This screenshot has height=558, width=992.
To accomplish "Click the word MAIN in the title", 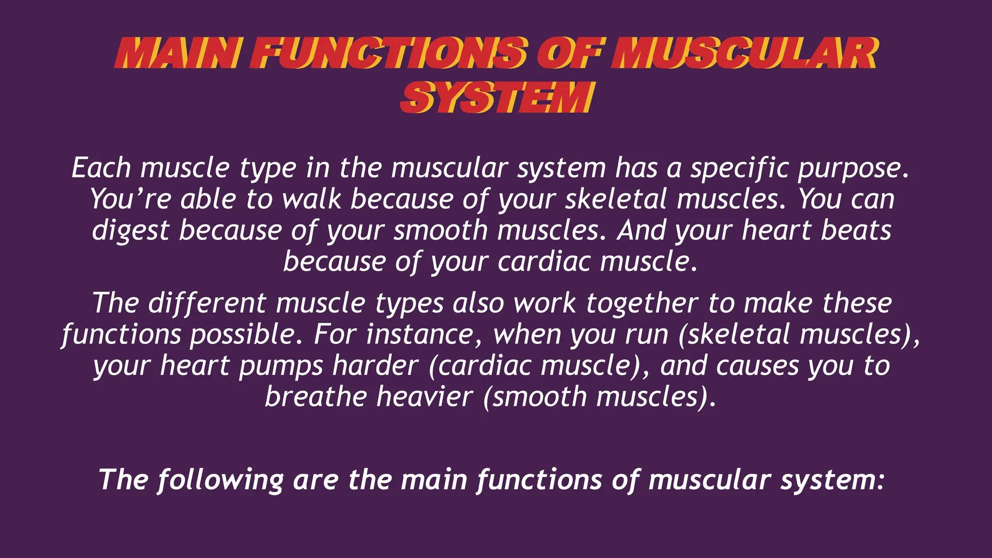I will pos(177,53).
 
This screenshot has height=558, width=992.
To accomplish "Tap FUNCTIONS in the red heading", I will pos(387,53).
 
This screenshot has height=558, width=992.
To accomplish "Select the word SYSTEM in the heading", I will pos(497,97).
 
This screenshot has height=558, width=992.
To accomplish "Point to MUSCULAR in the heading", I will pos(744,53).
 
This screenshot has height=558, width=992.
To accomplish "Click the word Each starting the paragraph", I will pos(101,168).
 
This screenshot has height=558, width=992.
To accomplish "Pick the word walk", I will pos(311,199).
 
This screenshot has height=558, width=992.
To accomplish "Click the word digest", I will pos(131,231).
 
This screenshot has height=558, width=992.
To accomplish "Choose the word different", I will pos(207,303).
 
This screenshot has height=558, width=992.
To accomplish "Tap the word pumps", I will pos(280,366).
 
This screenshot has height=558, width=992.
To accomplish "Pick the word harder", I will pos(375,365).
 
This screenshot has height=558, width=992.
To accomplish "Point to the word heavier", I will pos(424,397).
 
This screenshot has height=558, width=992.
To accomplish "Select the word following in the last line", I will pos(220,480).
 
